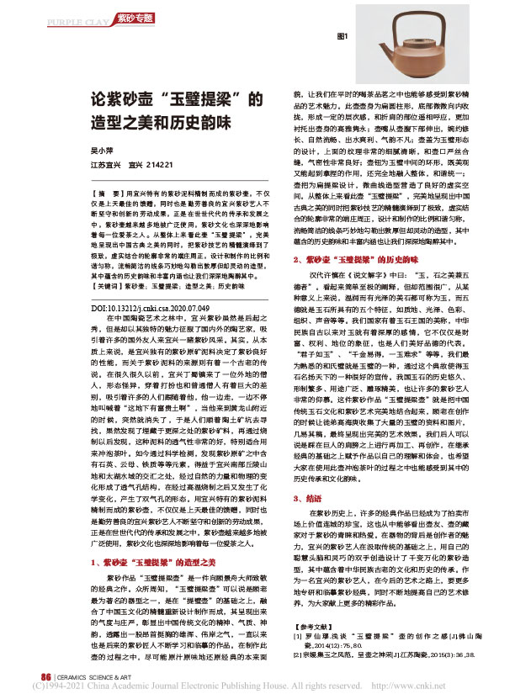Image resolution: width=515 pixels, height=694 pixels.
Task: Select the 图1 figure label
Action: (343, 37)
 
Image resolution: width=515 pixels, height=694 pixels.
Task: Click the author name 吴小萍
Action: (102, 149)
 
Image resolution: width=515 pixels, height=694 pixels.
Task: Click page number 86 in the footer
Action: (35, 674)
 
